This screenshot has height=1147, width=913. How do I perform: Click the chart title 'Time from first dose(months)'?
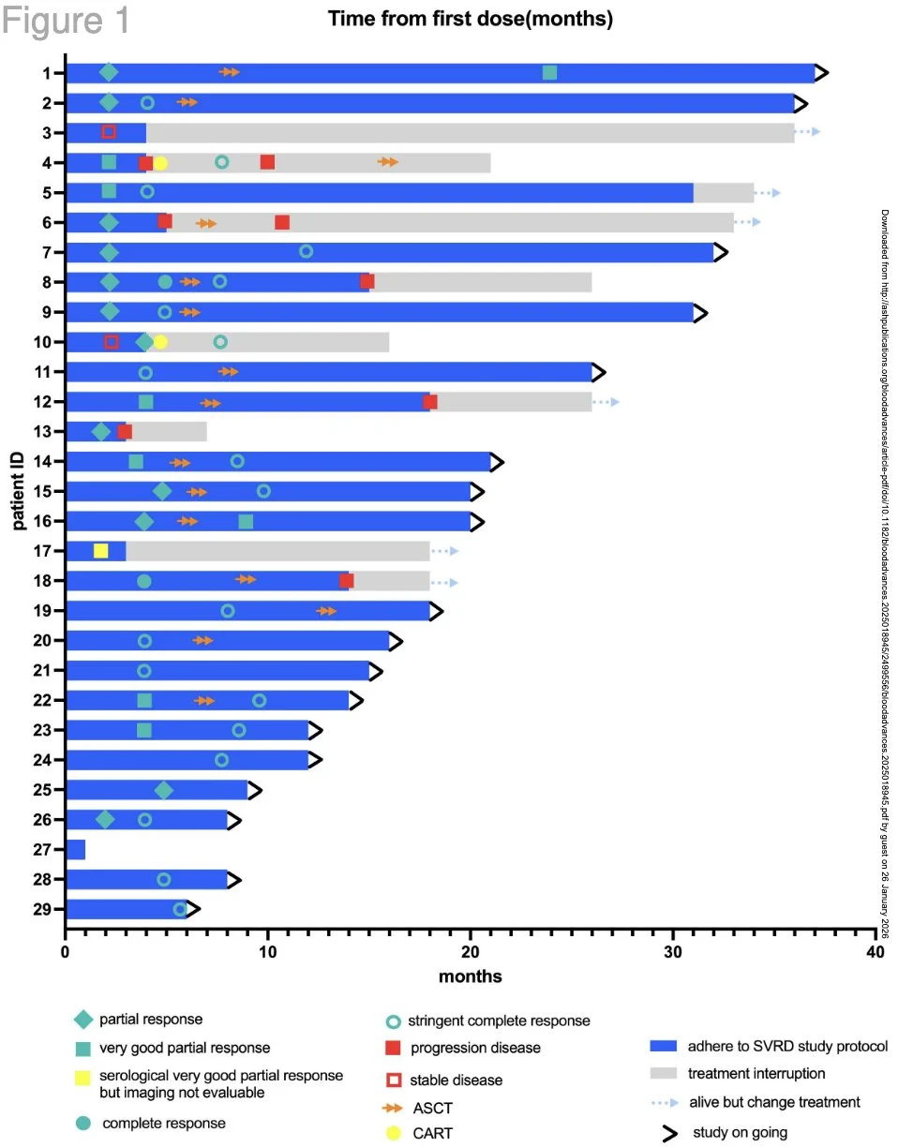click(471, 19)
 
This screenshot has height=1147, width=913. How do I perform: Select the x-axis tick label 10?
click(268, 953)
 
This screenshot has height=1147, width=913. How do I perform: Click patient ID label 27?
click(44, 850)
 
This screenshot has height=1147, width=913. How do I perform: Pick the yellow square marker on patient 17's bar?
click(101, 551)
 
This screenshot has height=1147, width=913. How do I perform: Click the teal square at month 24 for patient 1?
click(550, 73)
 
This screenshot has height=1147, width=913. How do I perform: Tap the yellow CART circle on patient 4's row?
click(160, 163)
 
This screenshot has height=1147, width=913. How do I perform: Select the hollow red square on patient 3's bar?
click(109, 132)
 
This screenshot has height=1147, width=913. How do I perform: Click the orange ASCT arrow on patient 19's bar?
click(326, 611)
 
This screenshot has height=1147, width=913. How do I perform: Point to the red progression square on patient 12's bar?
click(430, 402)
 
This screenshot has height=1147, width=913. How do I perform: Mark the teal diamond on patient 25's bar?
click(164, 790)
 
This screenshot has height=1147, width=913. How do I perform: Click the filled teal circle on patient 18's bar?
click(143, 581)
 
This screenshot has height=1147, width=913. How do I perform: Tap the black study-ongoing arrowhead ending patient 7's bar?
click(720, 252)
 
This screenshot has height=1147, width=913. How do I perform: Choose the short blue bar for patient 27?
click(75, 850)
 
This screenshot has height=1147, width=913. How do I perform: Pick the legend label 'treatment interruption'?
click(757, 1073)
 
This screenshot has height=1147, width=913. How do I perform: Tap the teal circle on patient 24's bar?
click(222, 760)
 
